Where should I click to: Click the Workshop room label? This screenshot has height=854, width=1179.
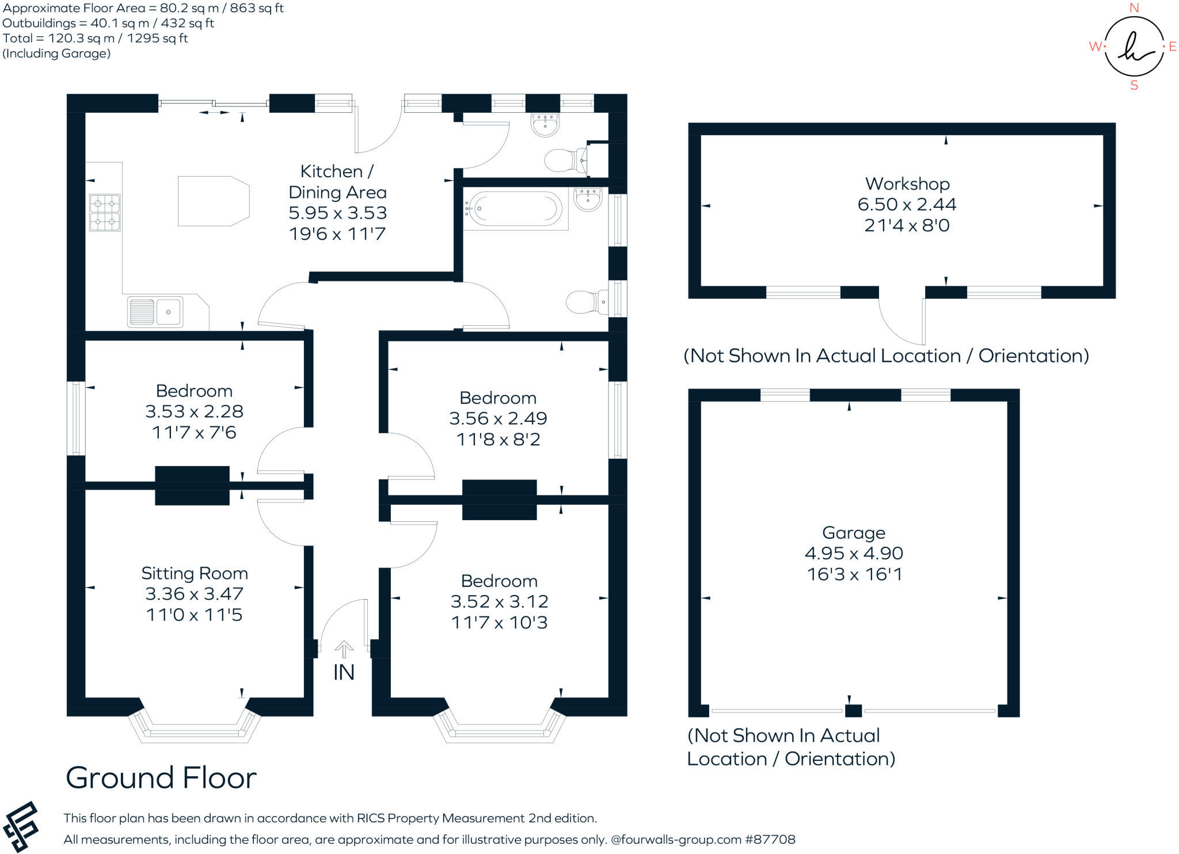(907, 184)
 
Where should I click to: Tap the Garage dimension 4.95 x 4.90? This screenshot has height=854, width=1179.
(853, 553)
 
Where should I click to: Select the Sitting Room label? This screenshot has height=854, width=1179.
(195, 573)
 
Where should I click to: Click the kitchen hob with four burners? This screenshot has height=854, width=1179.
(105, 212)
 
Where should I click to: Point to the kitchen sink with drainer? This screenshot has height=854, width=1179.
(155, 312)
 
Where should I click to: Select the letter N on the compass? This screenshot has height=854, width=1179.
(1134, 7)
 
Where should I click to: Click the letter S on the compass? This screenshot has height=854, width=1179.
(1134, 85)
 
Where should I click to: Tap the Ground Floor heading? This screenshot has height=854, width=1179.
(161, 777)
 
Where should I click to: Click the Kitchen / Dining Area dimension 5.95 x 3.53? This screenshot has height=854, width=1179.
(337, 213)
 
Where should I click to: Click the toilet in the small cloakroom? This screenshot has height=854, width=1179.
(564, 161)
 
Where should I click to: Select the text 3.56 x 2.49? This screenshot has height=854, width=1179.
(498, 418)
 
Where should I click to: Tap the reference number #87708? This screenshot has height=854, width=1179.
(770, 839)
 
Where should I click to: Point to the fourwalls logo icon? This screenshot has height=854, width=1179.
(21, 826)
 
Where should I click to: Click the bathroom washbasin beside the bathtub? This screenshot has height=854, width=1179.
(588, 199)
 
